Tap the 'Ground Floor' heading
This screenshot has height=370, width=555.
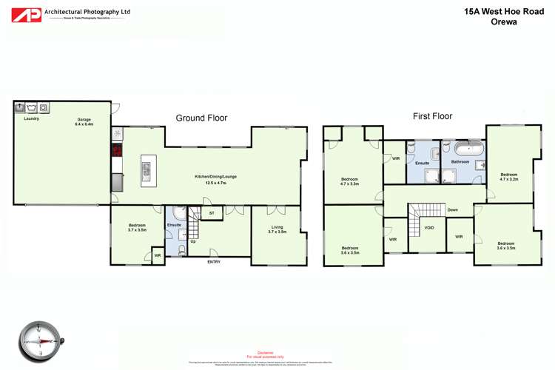201,118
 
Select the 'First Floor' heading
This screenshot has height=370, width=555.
432,116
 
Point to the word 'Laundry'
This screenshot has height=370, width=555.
31,118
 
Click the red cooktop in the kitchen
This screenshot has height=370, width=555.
117,151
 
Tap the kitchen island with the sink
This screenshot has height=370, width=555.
147,170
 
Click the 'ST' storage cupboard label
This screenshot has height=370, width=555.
212,213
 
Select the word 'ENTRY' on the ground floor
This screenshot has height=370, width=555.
214,261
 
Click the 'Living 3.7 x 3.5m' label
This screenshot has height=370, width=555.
277,229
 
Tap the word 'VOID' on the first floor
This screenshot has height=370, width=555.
430,228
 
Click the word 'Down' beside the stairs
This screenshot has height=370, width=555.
452,210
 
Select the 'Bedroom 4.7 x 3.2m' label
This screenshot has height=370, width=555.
508,177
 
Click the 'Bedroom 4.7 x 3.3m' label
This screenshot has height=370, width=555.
349,181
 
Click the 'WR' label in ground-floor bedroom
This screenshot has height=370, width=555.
156,256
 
